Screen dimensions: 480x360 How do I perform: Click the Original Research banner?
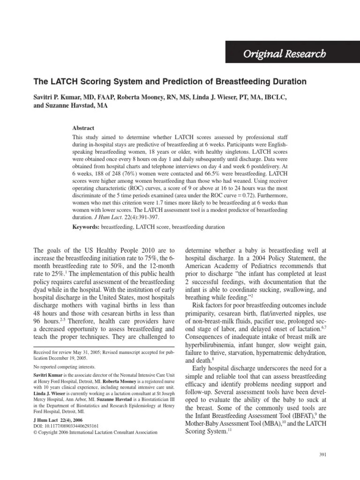(x=284, y=54)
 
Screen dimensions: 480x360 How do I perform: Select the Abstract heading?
(x=83, y=128)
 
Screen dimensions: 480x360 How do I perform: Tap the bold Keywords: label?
(x=86, y=227)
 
